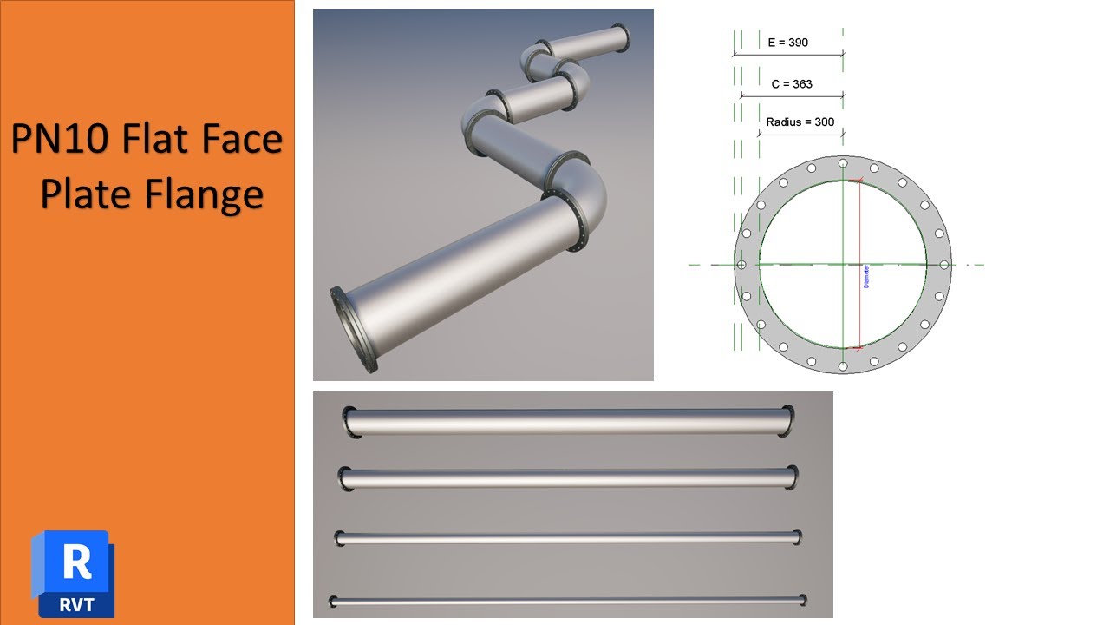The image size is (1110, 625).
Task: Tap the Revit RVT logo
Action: click(73, 573)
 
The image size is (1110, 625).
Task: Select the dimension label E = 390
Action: click(787, 42)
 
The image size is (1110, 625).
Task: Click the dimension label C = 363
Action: click(791, 84)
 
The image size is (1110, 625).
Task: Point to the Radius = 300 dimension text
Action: click(800, 122)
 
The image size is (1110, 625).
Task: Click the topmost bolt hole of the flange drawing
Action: click(842, 162)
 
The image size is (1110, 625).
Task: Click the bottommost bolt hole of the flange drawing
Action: click(842, 365)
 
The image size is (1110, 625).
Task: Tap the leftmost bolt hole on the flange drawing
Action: click(741, 264)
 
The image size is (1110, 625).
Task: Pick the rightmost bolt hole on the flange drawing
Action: click(943, 264)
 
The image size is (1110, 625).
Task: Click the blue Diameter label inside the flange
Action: click(865, 276)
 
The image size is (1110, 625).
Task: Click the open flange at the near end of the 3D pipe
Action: click(350, 331)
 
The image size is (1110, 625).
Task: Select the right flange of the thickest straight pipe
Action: click(788, 420)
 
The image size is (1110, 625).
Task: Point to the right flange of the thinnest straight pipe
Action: click(803, 599)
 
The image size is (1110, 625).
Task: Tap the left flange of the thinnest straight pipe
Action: click(333, 601)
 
